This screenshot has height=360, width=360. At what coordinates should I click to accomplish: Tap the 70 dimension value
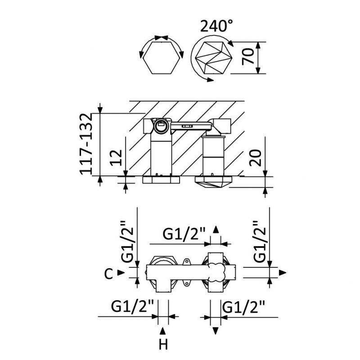(248, 57)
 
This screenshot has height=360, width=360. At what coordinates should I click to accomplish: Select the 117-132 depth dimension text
(86, 144)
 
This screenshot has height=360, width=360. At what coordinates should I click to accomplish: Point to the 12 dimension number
(116, 158)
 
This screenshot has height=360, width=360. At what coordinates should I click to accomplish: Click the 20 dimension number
(255, 158)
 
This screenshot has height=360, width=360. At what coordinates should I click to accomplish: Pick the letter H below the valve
(163, 344)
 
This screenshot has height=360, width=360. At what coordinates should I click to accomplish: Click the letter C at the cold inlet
(108, 274)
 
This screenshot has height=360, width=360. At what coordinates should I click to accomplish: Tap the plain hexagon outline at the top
(161, 58)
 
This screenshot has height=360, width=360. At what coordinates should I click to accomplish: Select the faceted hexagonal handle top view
(214, 58)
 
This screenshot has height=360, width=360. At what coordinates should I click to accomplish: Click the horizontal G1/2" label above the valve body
(184, 234)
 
